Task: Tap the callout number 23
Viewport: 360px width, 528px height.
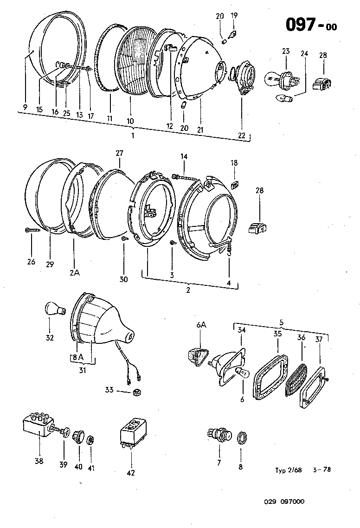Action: pyautogui.click(x=285, y=52)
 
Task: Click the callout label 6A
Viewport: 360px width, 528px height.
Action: pyautogui.click(x=201, y=326)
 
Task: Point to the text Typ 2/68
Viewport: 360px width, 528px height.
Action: pyautogui.click(x=288, y=470)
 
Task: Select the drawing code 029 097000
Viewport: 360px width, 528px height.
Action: pyautogui.click(x=284, y=502)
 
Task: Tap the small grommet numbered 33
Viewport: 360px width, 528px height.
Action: pyautogui.click(x=136, y=393)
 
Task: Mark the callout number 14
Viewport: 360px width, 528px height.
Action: pyautogui.click(x=184, y=157)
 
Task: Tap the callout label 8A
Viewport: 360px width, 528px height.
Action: pyautogui.click(x=77, y=357)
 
